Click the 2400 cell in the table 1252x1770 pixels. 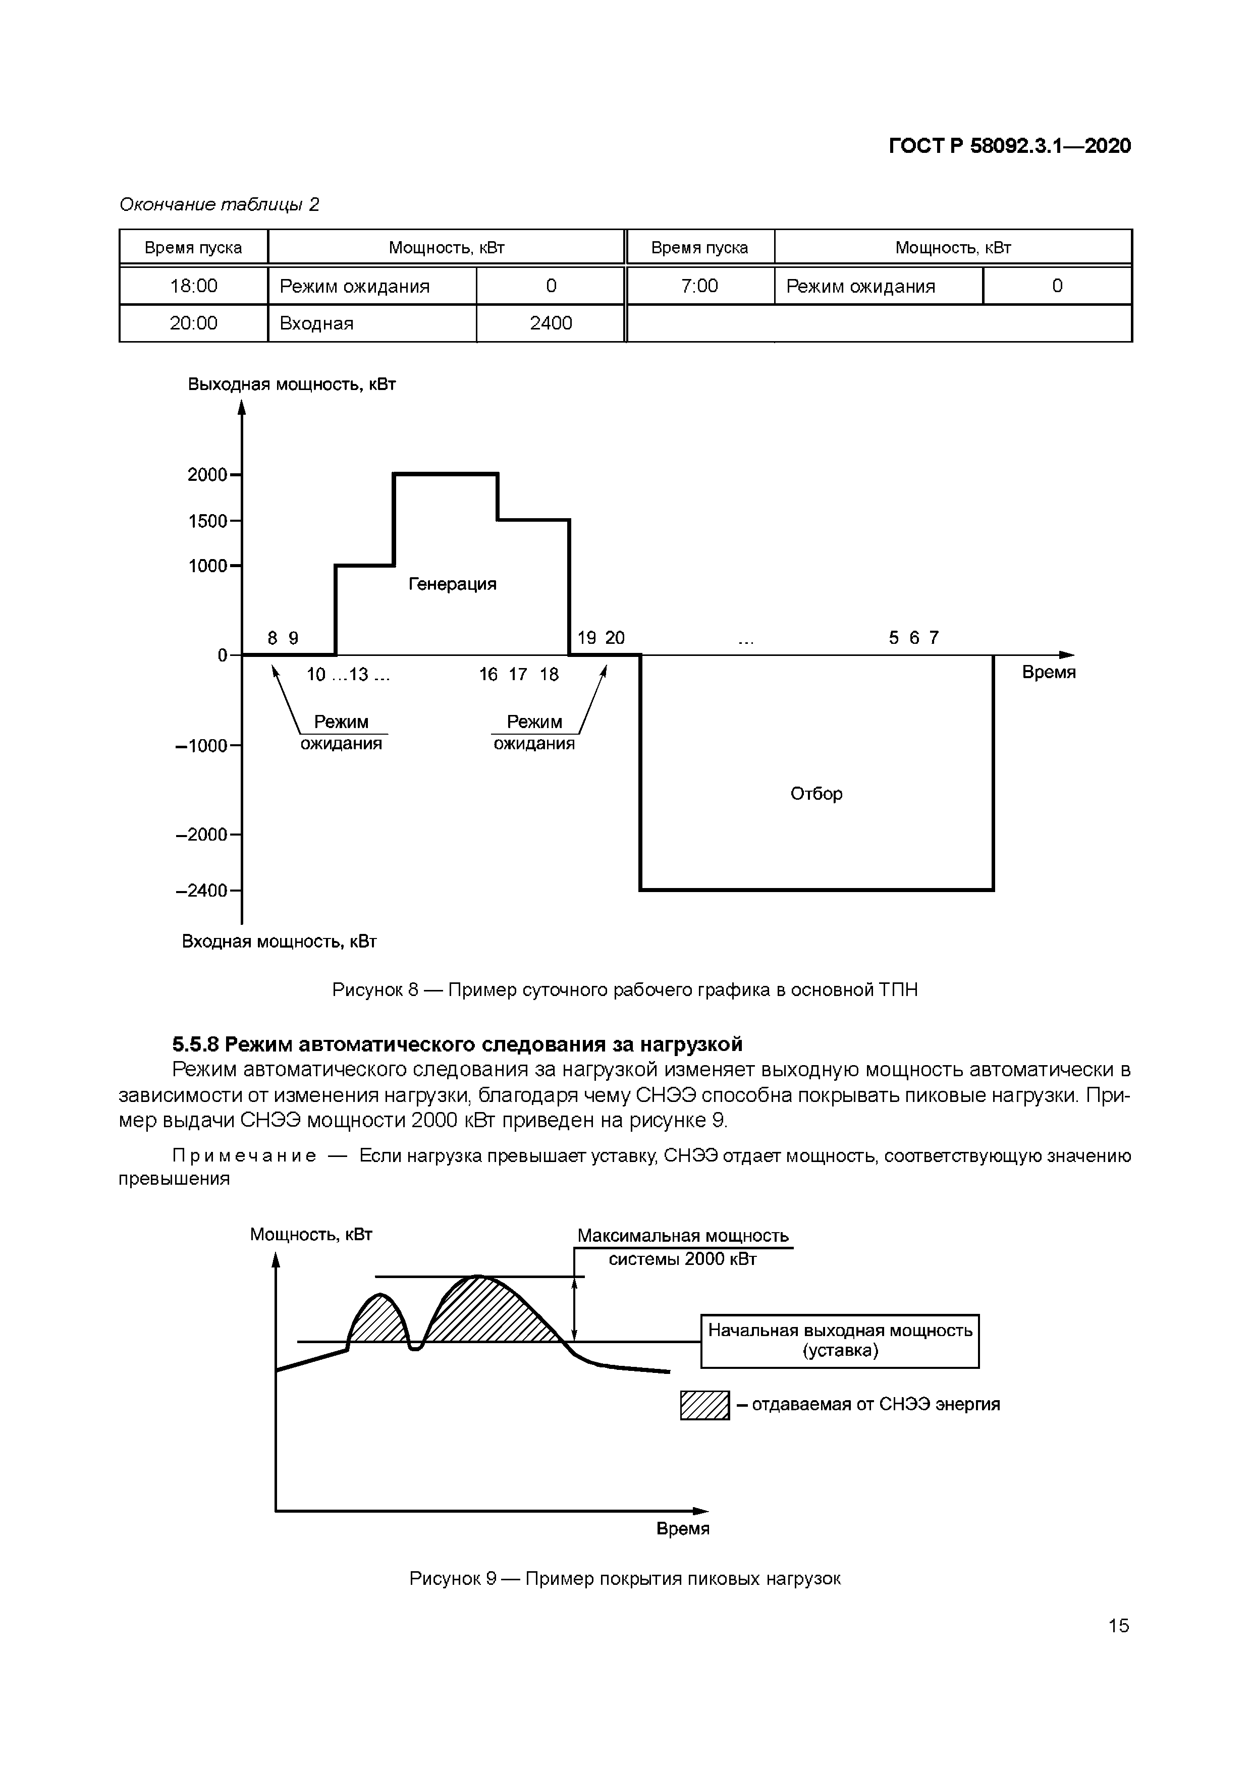click(551, 323)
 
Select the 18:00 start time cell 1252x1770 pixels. click(193, 286)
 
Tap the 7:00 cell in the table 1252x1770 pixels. click(699, 286)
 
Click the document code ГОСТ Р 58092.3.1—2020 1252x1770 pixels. click(1010, 146)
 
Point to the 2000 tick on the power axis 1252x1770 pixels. click(208, 475)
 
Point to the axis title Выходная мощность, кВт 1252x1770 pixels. click(291, 384)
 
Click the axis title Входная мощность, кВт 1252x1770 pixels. click(279, 942)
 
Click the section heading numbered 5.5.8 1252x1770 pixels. click(457, 1044)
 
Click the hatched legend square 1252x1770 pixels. click(704, 1405)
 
